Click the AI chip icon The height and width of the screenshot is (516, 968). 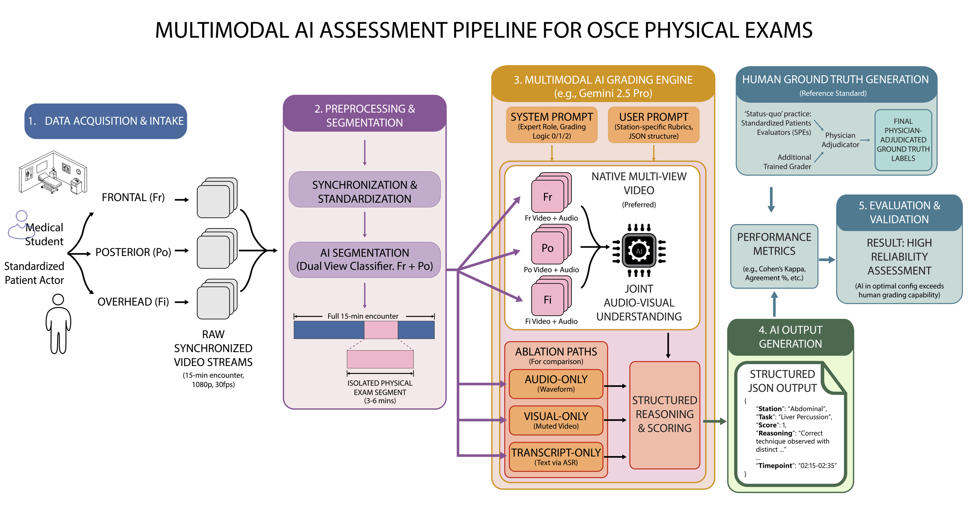639,250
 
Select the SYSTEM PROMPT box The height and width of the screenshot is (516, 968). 551,125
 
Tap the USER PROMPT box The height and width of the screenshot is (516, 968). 653,125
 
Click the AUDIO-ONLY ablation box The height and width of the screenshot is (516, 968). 556,384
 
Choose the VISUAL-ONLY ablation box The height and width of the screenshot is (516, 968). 556,420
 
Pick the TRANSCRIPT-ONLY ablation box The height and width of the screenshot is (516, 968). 556,457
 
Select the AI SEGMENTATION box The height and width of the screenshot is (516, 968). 365,260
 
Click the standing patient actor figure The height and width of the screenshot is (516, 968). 58,324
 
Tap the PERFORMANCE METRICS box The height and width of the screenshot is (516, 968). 774,256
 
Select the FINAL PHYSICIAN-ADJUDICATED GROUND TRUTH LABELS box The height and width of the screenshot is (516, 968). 903,140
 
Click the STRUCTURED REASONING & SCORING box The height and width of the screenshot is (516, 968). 664,414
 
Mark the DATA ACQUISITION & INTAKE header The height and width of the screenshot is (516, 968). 106,121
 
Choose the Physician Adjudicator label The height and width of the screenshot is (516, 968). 840,140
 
